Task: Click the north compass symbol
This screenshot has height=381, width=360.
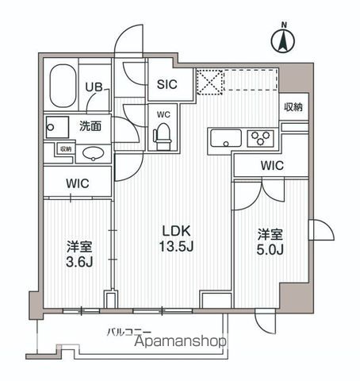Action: pyautogui.click(x=284, y=40)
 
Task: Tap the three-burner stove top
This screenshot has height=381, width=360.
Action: pyautogui.click(x=259, y=140)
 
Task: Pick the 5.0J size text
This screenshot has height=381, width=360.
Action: pyautogui.click(x=267, y=252)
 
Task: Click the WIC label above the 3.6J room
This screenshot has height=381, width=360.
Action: pyautogui.click(x=77, y=183)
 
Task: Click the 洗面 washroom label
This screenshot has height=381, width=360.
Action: pyautogui.click(x=90, y=125)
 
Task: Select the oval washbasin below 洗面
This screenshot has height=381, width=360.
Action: pyautogui.click(x=94, y=153)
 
